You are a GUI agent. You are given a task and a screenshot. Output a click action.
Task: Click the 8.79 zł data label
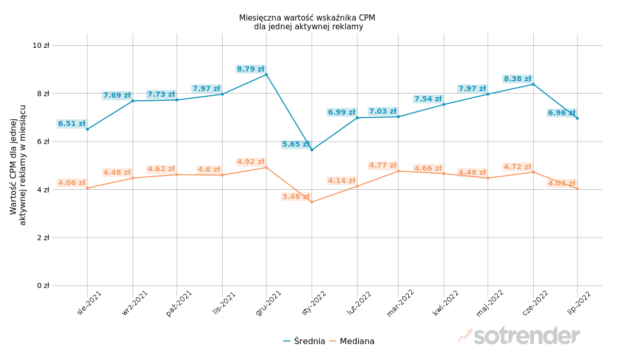[x=250, y=69]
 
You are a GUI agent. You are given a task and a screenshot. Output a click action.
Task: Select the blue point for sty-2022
[x=312, y=150]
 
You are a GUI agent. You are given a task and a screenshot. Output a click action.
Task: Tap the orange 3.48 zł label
[x=296, y=197]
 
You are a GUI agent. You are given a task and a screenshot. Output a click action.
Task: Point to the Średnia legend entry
[x=304, y=341]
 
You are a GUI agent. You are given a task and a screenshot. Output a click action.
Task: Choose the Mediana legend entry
[x=352, y=341]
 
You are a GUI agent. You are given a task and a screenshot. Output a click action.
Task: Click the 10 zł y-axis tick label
[x=41, y=45]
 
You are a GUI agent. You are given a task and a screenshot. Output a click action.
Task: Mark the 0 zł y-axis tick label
[x=43, y=285]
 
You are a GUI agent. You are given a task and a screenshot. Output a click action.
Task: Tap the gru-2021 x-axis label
[x=269, y=303]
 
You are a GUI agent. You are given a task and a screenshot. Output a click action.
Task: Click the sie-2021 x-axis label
[x=89, y=303]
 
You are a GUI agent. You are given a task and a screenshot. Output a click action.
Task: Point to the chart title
[x=307, y=22]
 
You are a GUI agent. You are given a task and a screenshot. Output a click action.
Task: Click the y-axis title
[x=18, y=165]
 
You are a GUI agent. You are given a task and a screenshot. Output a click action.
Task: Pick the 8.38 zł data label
[x=517, y=79]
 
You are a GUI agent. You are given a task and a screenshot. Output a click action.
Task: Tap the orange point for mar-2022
[x=398, y=171]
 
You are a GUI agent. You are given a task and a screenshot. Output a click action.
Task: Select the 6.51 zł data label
[x=71, y=124]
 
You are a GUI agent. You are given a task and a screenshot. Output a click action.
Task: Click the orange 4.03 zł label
[x=561, y=184]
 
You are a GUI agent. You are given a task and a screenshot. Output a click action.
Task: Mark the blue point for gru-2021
[x=266, y=75]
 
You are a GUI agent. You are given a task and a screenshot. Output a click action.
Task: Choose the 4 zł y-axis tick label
[x=43, y=189]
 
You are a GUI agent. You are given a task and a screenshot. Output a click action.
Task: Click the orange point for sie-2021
[x=87, y=188]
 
